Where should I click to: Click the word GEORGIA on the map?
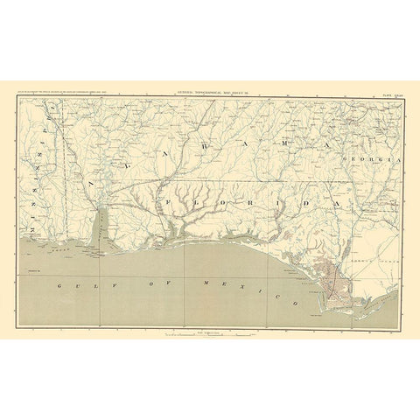374,162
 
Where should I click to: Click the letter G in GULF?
55,285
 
